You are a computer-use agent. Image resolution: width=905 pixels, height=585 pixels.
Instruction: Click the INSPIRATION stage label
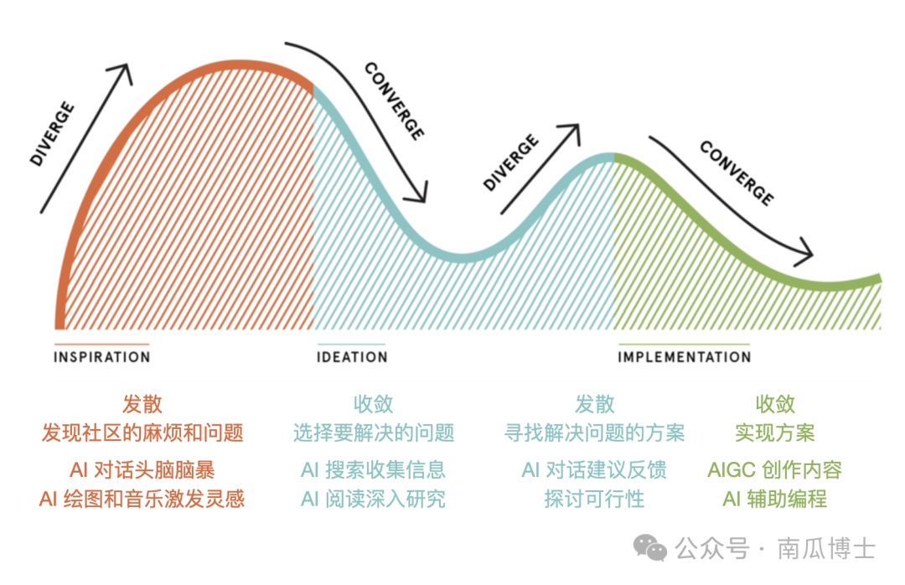click(x=101, y=357)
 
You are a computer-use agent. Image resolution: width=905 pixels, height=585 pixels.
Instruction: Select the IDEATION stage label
click(x=352, y=357)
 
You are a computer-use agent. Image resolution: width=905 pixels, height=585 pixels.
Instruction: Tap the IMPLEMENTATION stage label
click(x=684, y=357)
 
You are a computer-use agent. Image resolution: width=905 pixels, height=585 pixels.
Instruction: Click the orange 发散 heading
click(x=142, y=404)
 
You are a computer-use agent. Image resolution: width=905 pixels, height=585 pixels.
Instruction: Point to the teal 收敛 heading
click(x=373, y=404)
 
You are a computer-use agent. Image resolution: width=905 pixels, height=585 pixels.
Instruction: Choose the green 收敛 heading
click(x=774, y=404)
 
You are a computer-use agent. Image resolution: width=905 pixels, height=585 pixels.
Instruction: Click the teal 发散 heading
click(x=594, y=404)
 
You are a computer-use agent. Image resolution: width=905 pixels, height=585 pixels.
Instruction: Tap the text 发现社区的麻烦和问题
click(x=142, y=432)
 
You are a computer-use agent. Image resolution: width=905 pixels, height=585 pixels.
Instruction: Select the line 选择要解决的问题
click(x=373, y=432)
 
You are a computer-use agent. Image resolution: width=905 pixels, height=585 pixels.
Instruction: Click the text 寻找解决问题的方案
click(x=594, y=432)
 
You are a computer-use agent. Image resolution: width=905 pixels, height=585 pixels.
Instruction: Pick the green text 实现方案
click(x=774, y=432)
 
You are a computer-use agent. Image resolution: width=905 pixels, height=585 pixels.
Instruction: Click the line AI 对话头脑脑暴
click(x=142, y=469)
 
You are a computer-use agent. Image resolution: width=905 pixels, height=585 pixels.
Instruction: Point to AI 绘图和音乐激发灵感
click(x=142, y=500)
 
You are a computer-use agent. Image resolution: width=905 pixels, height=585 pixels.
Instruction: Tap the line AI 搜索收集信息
click(x=373, y=469)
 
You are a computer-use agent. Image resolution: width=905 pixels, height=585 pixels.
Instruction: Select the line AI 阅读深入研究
click(x=373, y=500)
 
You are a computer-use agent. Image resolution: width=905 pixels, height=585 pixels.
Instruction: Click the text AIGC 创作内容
click(x=774, y=469)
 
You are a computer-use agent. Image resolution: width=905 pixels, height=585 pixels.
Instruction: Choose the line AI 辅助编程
click(x=774, y=500)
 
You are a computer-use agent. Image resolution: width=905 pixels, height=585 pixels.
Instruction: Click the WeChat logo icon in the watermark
click(x=651, y=549)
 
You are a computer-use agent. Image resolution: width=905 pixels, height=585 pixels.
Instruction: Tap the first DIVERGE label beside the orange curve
click(x=52, y=134)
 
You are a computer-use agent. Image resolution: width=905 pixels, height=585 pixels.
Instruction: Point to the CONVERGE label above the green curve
click(x=737, y=173)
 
